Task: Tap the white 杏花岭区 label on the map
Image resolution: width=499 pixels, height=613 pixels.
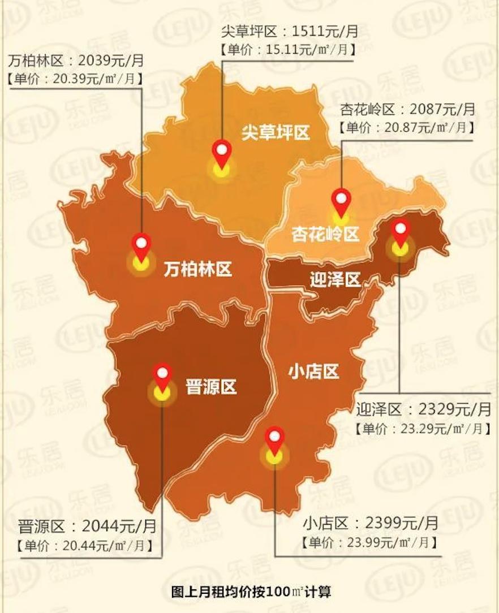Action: (x=325, y=234)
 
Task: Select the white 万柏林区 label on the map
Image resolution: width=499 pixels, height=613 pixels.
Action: (x=198, y=269)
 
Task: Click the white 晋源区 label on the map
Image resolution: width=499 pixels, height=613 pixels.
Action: (x=211, y=387)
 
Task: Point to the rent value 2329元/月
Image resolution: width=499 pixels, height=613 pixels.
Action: (x=455, y=409)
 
